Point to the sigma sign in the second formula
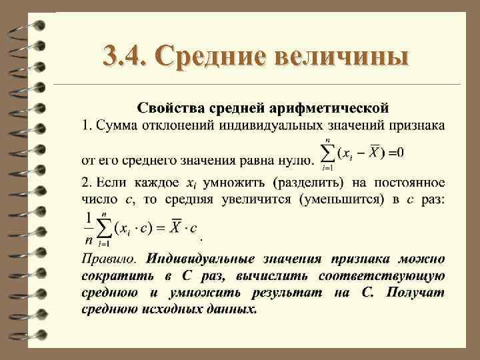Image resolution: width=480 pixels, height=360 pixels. (x=103, y=228)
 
